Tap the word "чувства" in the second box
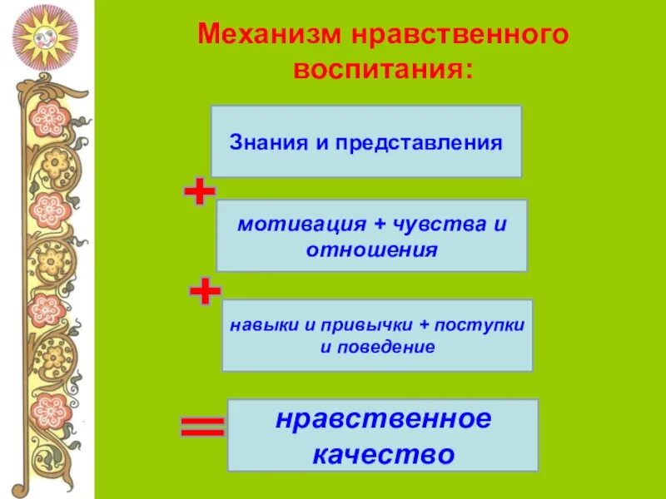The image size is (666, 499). pyautogui.click(x=449, y=225)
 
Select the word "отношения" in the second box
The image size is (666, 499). pyautogui.click(x=371, y=249)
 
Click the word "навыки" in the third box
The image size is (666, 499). pyautogui.click(x=258, y=325)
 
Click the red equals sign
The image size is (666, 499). pyautogui.click(x=202, y=427)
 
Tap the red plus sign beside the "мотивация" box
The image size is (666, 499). pyautogui.click(x=200, y=193)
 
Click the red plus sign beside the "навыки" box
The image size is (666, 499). pyautogui.click(x=205, y=292)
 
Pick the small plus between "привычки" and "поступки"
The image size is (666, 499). pyautogui.click(x=432, y=325)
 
